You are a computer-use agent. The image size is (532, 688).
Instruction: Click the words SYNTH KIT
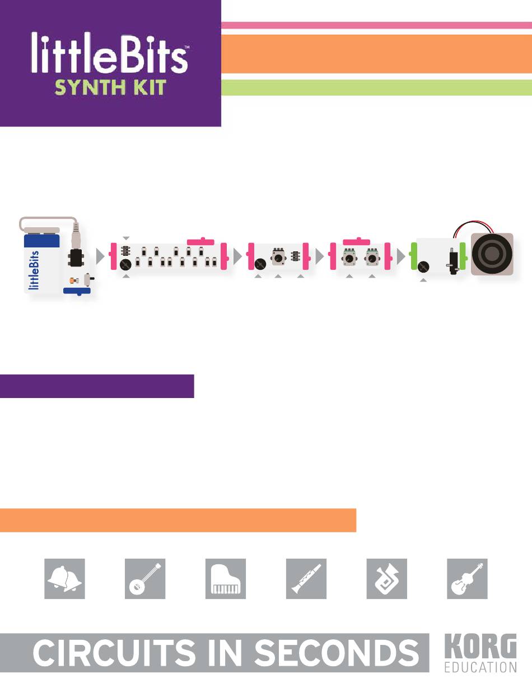109,87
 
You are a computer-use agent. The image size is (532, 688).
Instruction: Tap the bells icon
64,579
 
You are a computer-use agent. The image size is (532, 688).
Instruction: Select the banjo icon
145,579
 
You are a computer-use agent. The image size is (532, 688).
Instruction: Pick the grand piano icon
226,579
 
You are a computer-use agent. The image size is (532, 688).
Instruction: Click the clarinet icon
306,579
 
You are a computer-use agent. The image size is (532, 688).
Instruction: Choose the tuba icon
386,579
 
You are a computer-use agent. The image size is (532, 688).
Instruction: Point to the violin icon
467,579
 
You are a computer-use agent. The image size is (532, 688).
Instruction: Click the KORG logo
480,649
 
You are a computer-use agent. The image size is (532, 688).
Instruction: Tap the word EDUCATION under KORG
480,667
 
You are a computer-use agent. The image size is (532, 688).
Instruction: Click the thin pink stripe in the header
376,25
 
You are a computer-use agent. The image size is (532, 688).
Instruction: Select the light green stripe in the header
376,87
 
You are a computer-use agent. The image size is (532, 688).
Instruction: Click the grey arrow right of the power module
101,256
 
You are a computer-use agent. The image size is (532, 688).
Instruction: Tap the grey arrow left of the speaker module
402,256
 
